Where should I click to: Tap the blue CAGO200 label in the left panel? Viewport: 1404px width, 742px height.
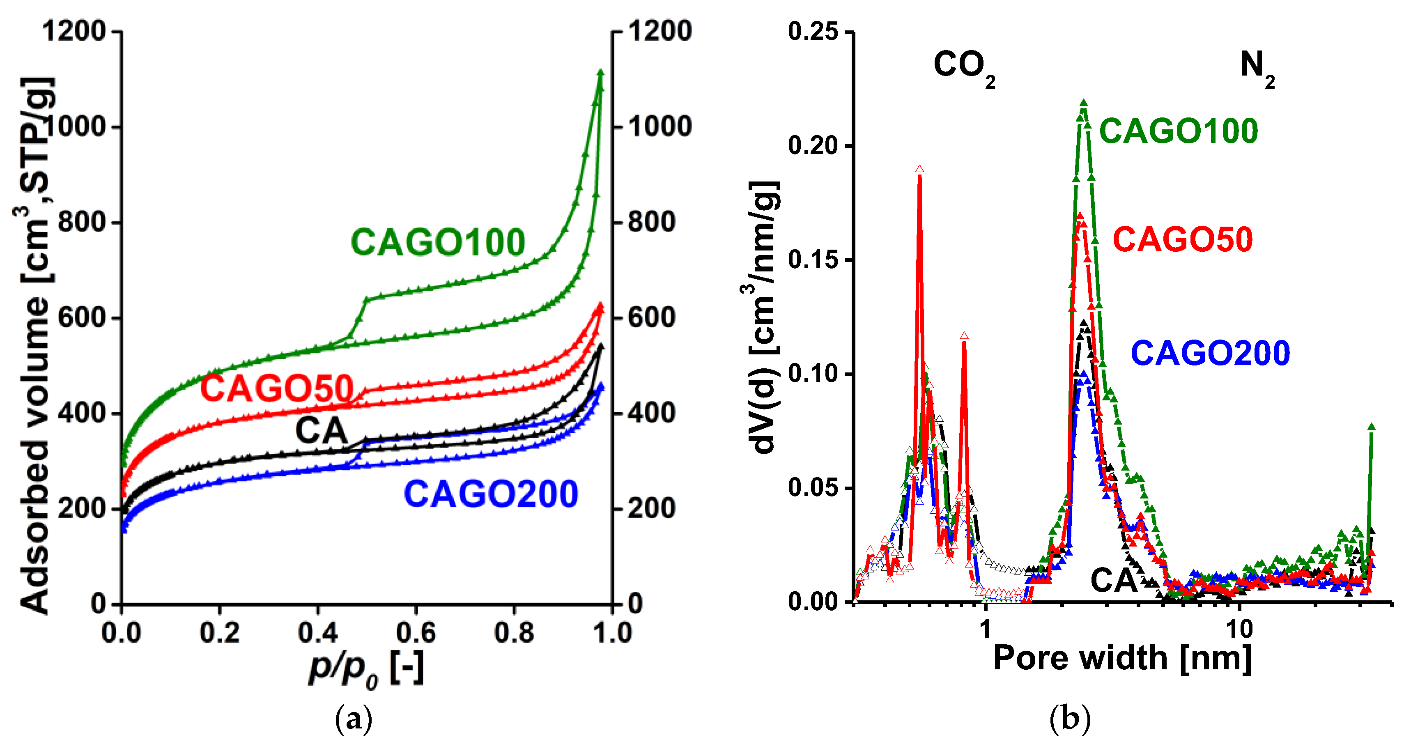pos(491,494)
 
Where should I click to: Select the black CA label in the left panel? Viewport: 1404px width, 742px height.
pos(321,430)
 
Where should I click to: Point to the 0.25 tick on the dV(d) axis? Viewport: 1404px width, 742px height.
pos(813,31)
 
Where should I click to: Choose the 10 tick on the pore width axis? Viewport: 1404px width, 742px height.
pos(1239,629)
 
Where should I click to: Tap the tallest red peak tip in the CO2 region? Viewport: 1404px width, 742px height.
pos(919,170)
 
